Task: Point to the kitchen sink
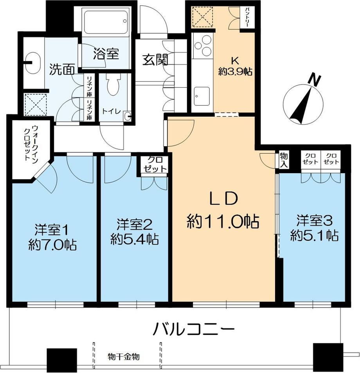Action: click(202, 96)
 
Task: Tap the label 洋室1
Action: click(52, 230)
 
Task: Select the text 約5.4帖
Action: click(135, 239)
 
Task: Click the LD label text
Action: click(223, 199)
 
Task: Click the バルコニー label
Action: click(194, 329)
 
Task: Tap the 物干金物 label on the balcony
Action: click(124, 357)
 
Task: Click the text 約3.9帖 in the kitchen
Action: click(235, 72)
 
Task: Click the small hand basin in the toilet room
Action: click(128, 116)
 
